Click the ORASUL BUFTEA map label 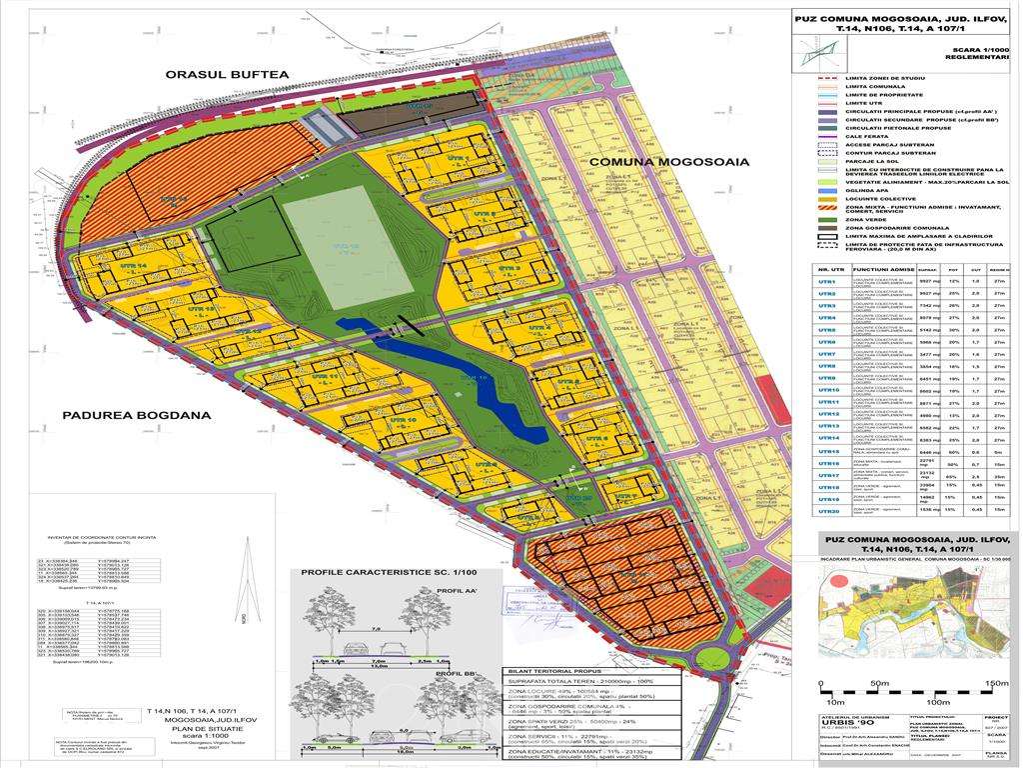pos(227,74)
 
